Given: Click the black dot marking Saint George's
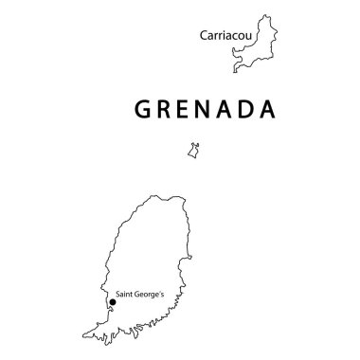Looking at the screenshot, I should coord(112,303).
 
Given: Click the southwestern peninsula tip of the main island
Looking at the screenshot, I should coord(84,333).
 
